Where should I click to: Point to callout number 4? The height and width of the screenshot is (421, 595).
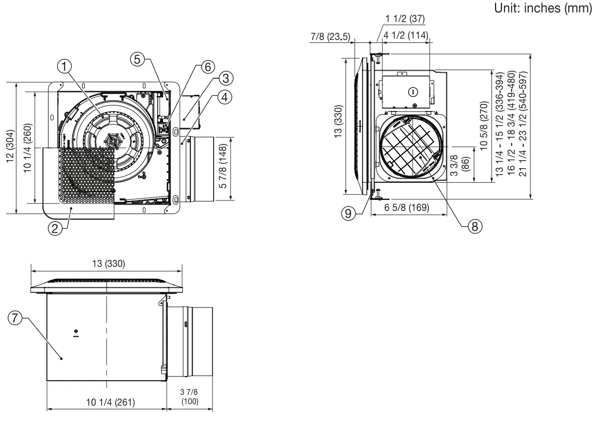pos(226,96)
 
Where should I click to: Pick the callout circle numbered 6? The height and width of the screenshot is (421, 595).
pos(208,67)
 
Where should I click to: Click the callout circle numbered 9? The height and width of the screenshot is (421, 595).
pos(347,214)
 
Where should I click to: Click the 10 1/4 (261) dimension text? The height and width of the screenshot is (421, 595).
pos(107,401)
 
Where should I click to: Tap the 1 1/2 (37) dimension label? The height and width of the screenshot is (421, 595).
pos(405,19)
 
